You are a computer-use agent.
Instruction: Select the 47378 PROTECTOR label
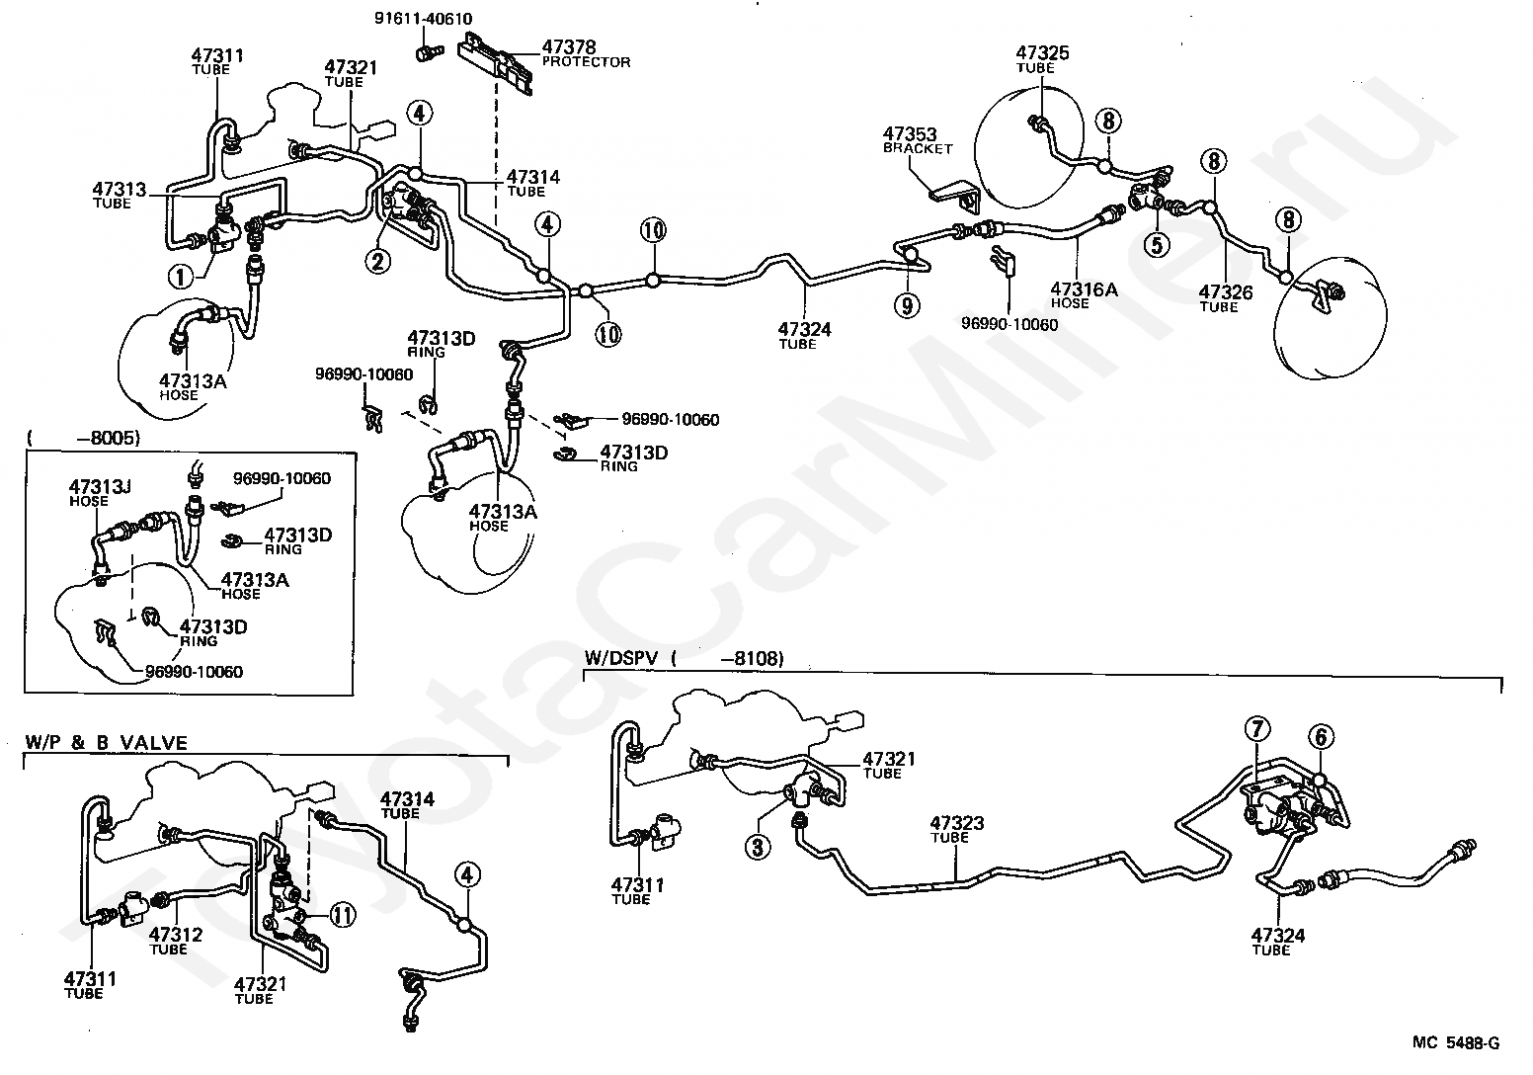(x=586, y=53)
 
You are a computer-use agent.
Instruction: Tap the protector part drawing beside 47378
(x=500, y=61)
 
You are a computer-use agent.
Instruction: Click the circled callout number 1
(x=181, y=278)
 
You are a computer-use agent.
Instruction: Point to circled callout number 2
(x=376, y=261)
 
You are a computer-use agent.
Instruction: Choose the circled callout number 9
(x=906, y=305)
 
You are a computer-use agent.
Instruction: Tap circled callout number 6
(x=1321, y=736)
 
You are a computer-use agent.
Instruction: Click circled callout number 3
(x=758, y=847)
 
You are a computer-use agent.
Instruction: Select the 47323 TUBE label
(x=956, y=829)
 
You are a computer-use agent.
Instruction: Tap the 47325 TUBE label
(x=1043, y=59)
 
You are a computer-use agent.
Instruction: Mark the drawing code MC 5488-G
(x=1455, y=1042)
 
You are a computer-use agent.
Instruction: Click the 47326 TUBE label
(x=1225, y=298)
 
